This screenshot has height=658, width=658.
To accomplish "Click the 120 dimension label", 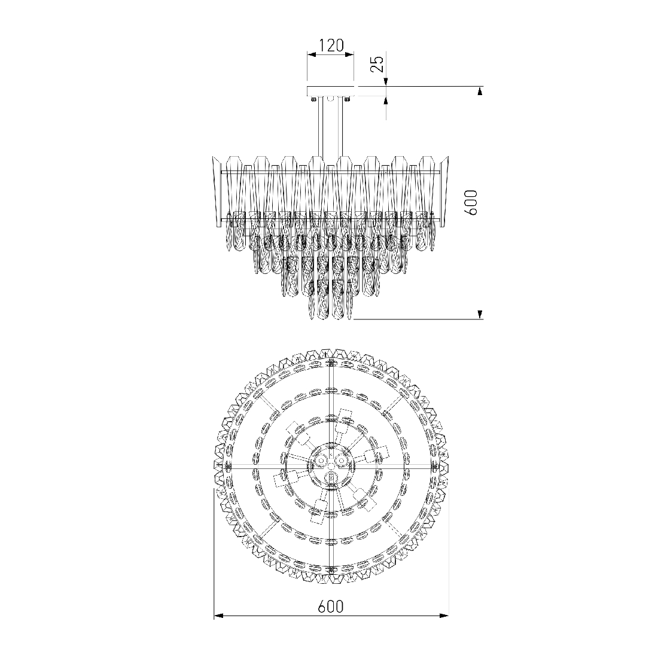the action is (x=331, y=45).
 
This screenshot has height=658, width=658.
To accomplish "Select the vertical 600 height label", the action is (x=471, y=202).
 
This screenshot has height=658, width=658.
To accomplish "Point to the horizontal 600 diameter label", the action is (x=331, y=607).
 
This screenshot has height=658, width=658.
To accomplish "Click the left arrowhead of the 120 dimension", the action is (x=312, y=54).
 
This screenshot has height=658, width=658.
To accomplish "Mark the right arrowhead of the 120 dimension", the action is (x=349, y=54).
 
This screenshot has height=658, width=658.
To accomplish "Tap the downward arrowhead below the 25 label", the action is (x=386, y=82).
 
